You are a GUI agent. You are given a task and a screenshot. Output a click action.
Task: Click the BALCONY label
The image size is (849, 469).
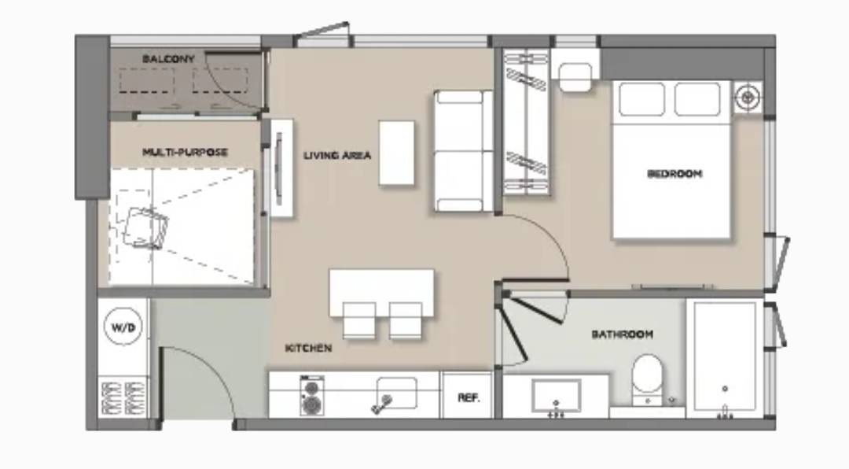click(x=168, y=58)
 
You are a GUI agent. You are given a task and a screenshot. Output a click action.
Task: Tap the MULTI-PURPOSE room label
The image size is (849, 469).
click(x=185, y=152)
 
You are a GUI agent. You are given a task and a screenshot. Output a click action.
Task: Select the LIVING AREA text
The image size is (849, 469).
click(x=336, y=156)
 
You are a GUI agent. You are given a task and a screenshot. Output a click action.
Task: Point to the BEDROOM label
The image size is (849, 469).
click(x=674, y=173)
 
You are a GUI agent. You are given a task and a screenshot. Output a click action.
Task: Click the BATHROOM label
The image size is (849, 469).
click(x=622, y=334)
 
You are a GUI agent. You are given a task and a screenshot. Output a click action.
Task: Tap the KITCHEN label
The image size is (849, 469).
click(x=308, y=348)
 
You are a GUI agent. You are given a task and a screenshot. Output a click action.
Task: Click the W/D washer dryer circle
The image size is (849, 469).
click(x=123, y=327)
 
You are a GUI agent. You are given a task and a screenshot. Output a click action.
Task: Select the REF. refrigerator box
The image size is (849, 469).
click(x=468, y=396)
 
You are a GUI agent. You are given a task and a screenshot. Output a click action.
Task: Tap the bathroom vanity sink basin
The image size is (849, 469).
click(x=556, y=396)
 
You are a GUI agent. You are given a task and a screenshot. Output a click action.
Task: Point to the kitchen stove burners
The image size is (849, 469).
click(x=312, y=396)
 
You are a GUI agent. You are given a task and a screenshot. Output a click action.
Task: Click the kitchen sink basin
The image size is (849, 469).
click(x=396, y=393)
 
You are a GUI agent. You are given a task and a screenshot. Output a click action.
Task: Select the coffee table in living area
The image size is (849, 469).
click(x=397, y=153)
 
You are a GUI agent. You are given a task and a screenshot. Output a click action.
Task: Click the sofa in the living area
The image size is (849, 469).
click(x=464, y=151)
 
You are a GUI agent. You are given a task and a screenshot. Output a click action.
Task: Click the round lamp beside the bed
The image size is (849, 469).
click(x=748, y=98)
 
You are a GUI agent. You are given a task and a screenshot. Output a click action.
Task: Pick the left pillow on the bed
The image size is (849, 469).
click(x=642, y=98)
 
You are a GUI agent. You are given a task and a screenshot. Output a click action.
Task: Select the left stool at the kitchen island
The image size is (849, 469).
click(x=359, y=320)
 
